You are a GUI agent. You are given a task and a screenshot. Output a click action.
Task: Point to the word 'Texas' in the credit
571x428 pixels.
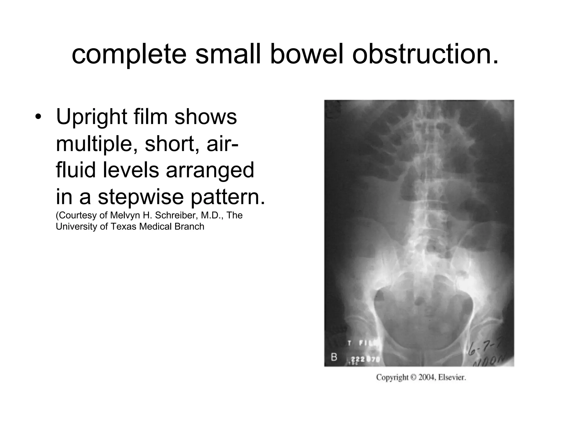[124, 227]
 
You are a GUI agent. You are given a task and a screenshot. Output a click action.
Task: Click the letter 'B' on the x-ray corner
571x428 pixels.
[334, 357]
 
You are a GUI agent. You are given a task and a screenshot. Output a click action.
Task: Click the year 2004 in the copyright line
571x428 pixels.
[427, 378]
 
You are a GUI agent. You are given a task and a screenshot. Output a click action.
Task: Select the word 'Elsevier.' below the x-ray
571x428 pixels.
[452, 378]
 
